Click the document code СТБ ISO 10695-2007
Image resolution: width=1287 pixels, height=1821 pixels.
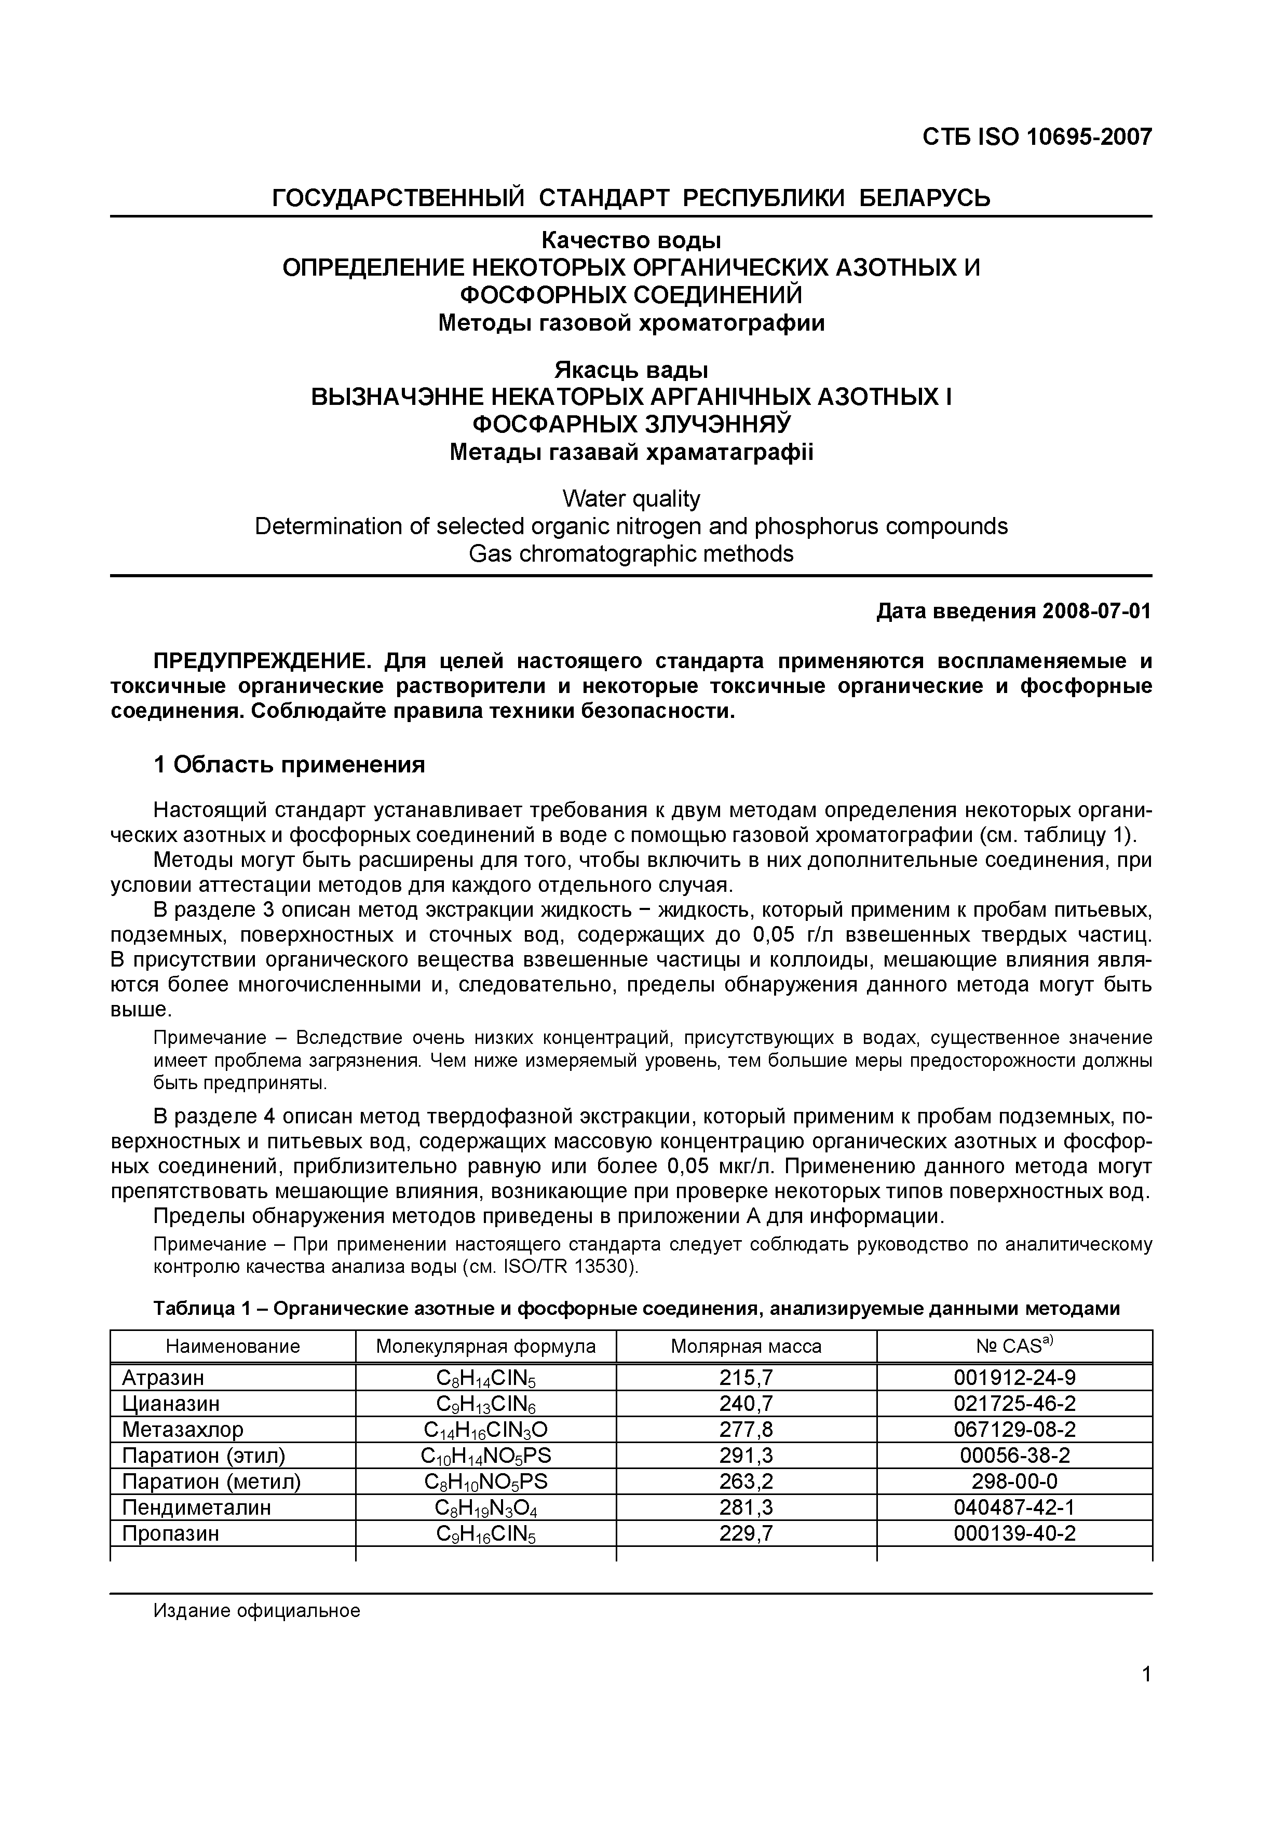1036,137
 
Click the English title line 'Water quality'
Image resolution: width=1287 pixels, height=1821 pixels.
631,498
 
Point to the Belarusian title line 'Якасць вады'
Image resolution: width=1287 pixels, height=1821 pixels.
631,370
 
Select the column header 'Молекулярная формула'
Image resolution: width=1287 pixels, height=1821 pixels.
485,1346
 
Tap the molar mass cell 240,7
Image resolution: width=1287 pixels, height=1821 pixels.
746,1404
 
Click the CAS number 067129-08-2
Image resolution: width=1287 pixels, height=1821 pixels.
1014,1429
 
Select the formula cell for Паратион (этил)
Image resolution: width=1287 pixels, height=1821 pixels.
485,1456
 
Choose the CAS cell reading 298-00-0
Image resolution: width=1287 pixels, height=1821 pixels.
1014,1482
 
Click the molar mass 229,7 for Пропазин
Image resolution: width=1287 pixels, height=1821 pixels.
746,1533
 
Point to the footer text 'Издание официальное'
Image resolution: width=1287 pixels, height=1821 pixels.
257,1610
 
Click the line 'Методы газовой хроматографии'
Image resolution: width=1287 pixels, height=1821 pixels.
631,323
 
